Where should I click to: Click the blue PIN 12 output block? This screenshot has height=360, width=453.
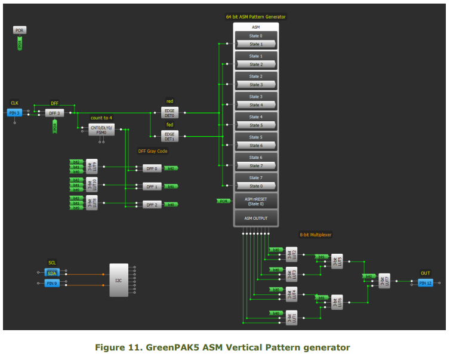coord(425,282)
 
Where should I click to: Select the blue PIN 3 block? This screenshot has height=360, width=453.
coord(14,112)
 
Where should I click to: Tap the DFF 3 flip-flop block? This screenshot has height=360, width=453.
coord(54,112)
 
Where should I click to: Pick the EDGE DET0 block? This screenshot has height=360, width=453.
coord(170,113)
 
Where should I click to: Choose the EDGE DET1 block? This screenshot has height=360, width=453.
coord(170,136)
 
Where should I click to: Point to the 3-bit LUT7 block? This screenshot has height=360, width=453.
coord(385,281)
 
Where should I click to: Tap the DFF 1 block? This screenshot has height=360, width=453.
coord(152,186)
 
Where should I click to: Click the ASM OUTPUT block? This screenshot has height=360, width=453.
coord(255,219)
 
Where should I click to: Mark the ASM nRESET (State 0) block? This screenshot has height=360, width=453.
coord(255,201)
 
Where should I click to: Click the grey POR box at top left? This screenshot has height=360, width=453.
coord(20,30)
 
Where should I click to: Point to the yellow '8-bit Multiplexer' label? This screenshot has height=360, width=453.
coord(316,235)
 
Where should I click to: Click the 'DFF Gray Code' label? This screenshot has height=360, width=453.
coord(153,152)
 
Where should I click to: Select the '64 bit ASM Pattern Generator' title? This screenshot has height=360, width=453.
coord(255,17)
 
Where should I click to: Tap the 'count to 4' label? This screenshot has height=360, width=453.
coord(100,118)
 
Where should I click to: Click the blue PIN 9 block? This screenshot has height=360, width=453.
coord(52,283)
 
